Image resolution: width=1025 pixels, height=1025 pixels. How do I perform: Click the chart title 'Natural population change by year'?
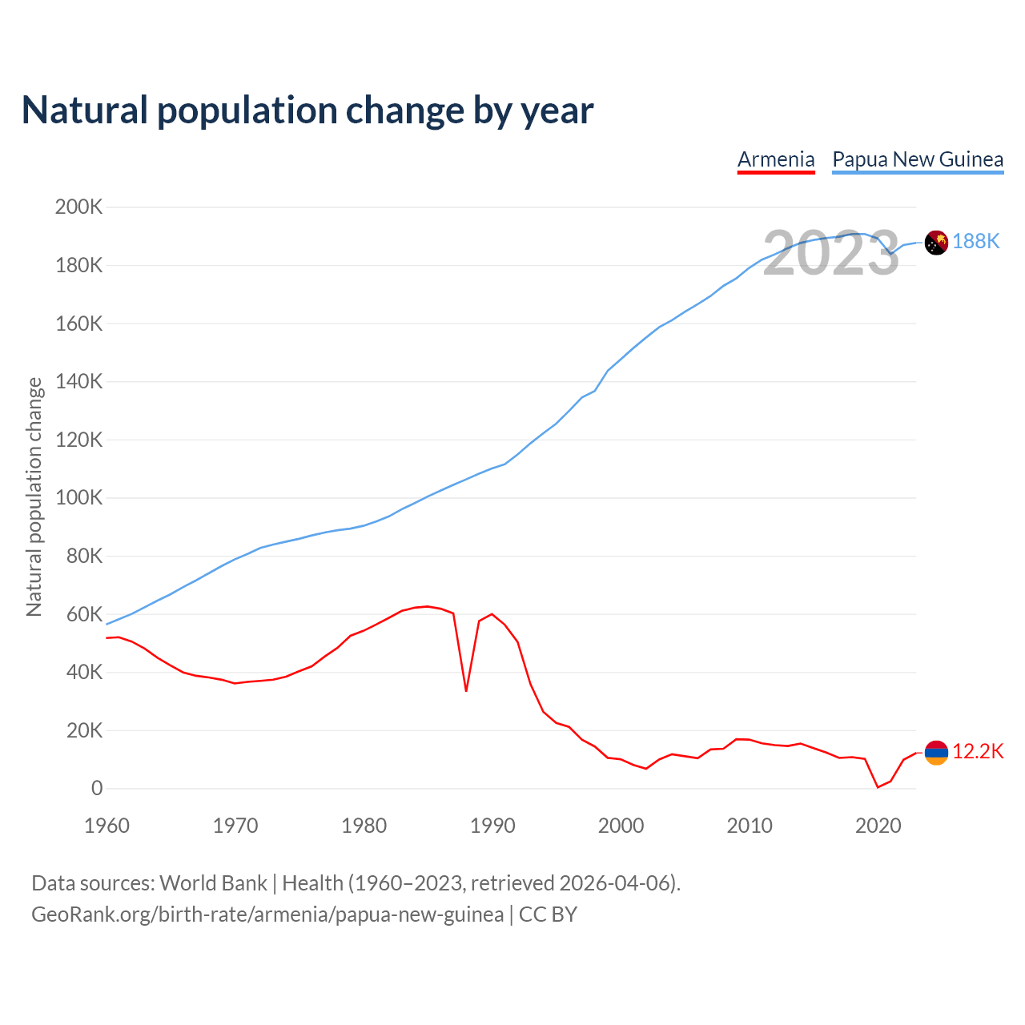pos(307,111)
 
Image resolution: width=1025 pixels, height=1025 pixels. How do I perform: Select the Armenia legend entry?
pos(776,159)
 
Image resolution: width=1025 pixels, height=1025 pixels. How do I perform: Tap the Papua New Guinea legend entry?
pos(918,159)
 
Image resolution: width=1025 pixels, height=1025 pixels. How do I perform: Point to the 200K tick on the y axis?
pos(78,207)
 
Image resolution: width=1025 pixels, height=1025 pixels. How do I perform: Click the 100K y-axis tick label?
pos(78,498)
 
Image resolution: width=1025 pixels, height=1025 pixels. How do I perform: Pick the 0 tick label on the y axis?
pos(97,789)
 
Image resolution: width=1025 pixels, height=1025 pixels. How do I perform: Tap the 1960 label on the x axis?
pos(107,826)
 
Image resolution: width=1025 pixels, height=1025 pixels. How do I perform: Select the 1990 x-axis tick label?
pos(492,826)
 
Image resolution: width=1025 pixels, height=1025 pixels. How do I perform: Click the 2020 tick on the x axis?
pos(878,826)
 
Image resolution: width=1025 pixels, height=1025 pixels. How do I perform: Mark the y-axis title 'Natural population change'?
pos(34,497)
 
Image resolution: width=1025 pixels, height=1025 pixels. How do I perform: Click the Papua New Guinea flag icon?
pos(936,242)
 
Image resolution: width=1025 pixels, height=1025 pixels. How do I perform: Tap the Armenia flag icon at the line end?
pos(936,752)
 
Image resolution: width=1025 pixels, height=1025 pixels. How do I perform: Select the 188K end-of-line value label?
pos(976,242)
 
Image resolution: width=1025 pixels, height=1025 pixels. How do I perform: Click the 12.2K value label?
pos(978,752)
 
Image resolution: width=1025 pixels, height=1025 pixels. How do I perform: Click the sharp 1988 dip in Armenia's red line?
pos(466,690)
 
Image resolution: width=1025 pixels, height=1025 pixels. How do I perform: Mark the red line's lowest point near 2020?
pos(878,787)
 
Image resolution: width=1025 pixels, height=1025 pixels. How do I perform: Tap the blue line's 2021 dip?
pos(890,255)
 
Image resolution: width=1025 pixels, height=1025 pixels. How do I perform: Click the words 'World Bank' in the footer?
pos(213,883)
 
